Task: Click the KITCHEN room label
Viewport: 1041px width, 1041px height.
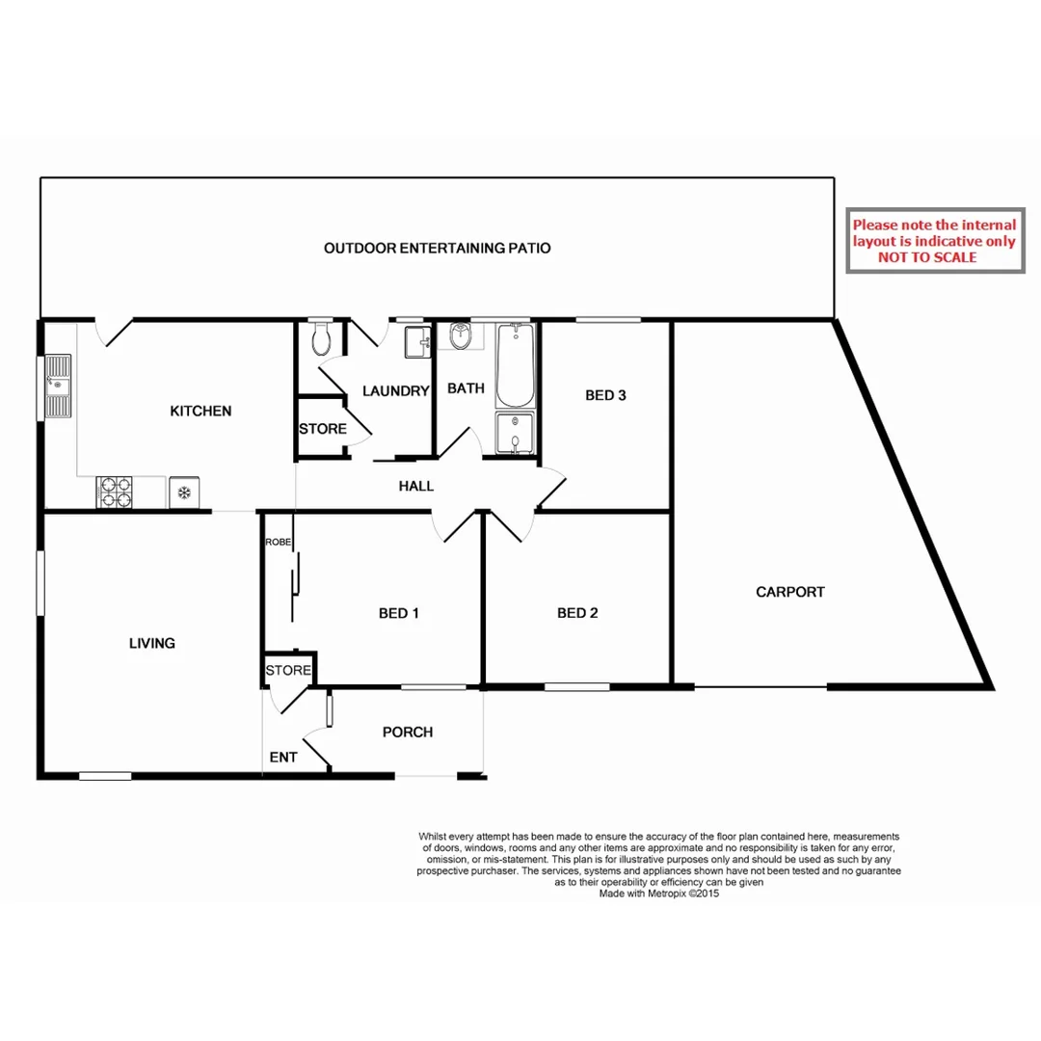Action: tap(200, 412)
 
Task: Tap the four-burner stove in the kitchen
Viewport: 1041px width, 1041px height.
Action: tap(116, 493)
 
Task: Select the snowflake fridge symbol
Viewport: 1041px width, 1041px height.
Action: tap(183, 494)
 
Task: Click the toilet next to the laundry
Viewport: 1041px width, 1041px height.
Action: tap(323, 339)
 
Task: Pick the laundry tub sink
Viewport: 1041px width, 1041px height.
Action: tap(418, 342)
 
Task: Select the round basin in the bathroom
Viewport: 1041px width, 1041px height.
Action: tap(461, 337)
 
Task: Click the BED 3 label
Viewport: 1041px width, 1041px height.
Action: tap(606, 395)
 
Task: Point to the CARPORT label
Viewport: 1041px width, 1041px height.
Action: tap(789, 592)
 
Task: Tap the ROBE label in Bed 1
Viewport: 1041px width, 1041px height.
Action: tap(279, 543)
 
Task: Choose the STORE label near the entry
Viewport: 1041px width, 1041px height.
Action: tap(288, 670)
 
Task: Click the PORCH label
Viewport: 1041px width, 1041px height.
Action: tap(408, 733)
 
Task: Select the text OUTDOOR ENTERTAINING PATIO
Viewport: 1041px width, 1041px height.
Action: tap(437, 249)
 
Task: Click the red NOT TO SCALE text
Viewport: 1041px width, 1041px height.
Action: tap(927, 257)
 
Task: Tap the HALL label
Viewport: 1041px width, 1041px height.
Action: tap(416, 487)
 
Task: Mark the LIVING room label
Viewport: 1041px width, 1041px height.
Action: tap(152, 643)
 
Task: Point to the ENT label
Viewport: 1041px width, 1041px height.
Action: tap(283, 758)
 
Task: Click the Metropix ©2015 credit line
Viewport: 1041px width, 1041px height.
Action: tap(659, 894)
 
